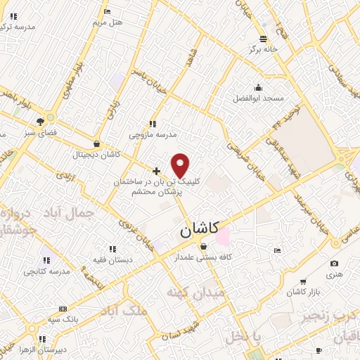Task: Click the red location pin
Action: pyautogui.click(x=181, y=165)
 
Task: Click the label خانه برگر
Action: pyautogui.click(x=262, y=50)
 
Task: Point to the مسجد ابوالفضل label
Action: pyautogui.click(x=258, y=99)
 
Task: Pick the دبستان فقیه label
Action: pyautogui.click(x=112, y=259)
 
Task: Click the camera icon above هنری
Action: pyautogui.click(x=334, y=264)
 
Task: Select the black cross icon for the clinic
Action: pyautogui.click(x=157, y=171)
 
